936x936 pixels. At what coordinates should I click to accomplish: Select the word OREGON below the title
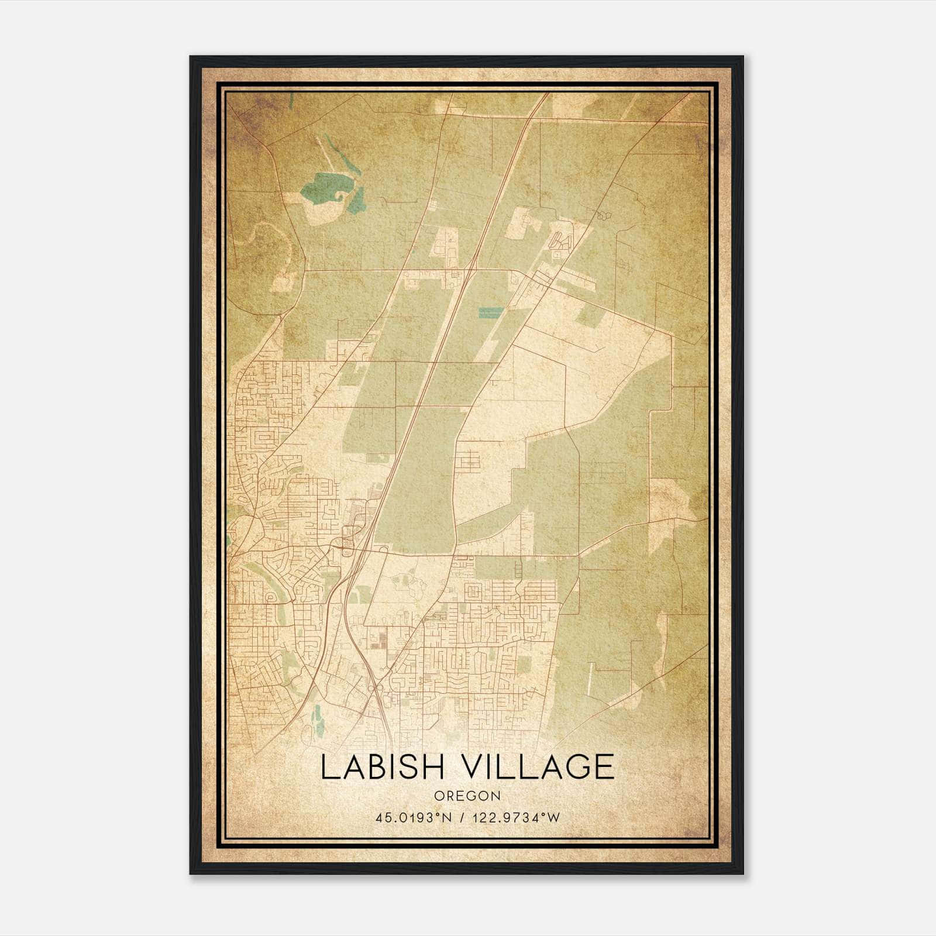coord(467,796)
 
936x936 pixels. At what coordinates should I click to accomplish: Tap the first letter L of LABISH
coord(329,767)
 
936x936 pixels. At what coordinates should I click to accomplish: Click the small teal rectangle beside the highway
coord(491,312)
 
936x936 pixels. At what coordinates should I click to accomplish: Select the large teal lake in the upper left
coord(321,186)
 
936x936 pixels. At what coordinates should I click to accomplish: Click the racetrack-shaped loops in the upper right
coord(560,240)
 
